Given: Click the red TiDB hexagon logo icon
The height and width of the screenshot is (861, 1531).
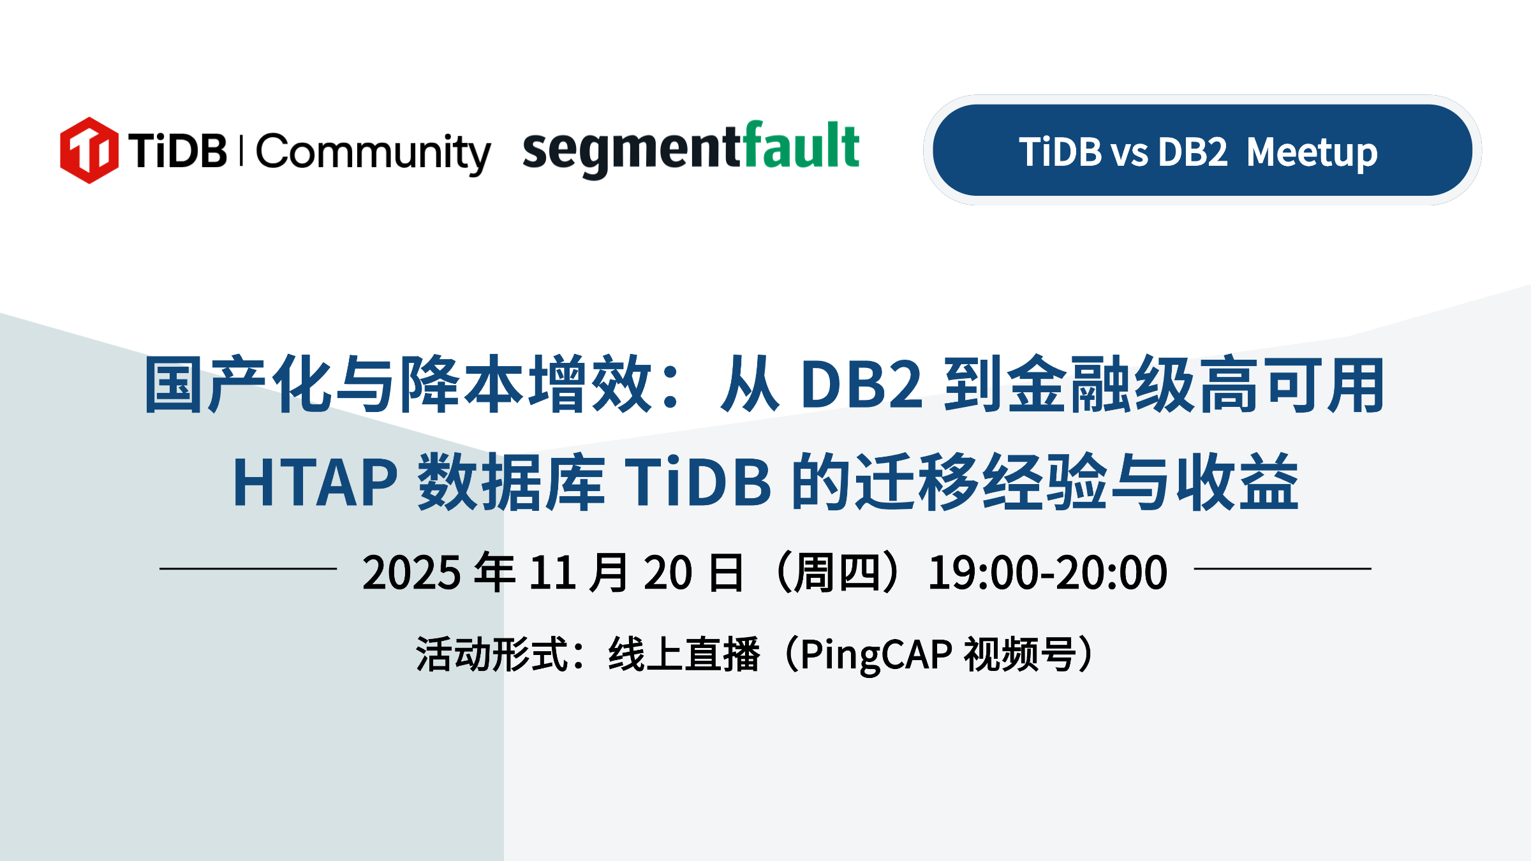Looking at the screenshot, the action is [x=89, y=151].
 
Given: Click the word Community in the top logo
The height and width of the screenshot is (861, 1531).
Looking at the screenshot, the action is [x=374, y=153].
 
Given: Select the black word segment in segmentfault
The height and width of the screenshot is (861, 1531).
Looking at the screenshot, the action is [x=632, y=154].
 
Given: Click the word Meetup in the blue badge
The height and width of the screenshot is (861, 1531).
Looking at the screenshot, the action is [x=1312, y=153].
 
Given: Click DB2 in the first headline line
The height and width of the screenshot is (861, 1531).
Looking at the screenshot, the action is [x=862, y=384].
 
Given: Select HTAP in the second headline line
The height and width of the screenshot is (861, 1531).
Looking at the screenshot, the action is [x=316, y=482].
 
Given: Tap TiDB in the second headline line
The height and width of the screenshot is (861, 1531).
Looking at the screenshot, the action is [x=699, y=482].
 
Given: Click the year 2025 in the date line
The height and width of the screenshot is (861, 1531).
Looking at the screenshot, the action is [x=411, y=572].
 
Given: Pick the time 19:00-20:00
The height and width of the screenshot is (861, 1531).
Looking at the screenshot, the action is [x=1047, y=572].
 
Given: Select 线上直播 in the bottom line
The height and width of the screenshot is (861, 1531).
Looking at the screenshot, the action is [x=684, y=654].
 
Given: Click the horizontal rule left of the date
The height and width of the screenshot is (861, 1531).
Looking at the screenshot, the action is [x=248, y=568].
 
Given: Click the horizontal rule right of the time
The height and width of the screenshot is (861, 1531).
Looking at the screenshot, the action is [x=1283, y=568].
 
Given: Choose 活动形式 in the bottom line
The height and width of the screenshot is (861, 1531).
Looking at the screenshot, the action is [x=492, y=654].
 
